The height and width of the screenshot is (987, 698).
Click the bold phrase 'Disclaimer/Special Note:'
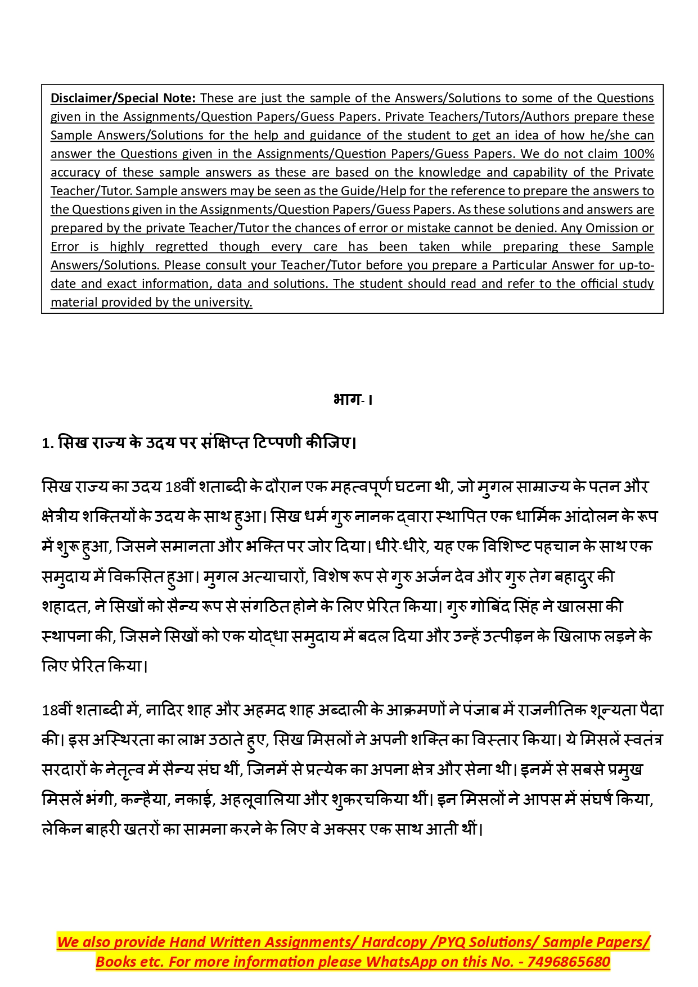click(x=123, y=98)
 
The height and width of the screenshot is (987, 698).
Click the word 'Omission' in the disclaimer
click(x=611, y=228)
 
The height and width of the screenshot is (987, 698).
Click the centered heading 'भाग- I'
click(x=353, y=399)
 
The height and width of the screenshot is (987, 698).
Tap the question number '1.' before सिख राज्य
click(x=47, y=443)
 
